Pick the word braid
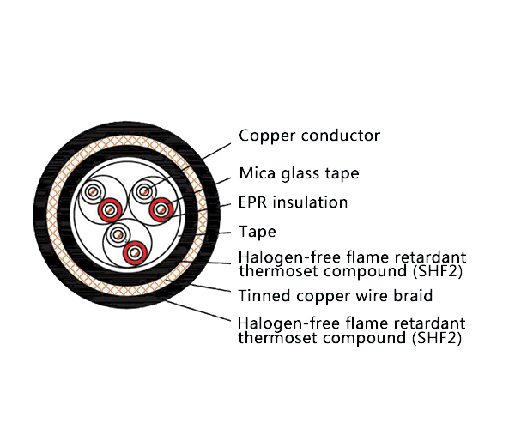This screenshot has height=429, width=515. (412, 296)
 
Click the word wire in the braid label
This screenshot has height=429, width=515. (370, 296)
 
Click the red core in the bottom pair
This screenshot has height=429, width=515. (133, 253)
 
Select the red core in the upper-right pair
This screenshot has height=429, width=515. (160, 208)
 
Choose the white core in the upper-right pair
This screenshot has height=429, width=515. (143, 190)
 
